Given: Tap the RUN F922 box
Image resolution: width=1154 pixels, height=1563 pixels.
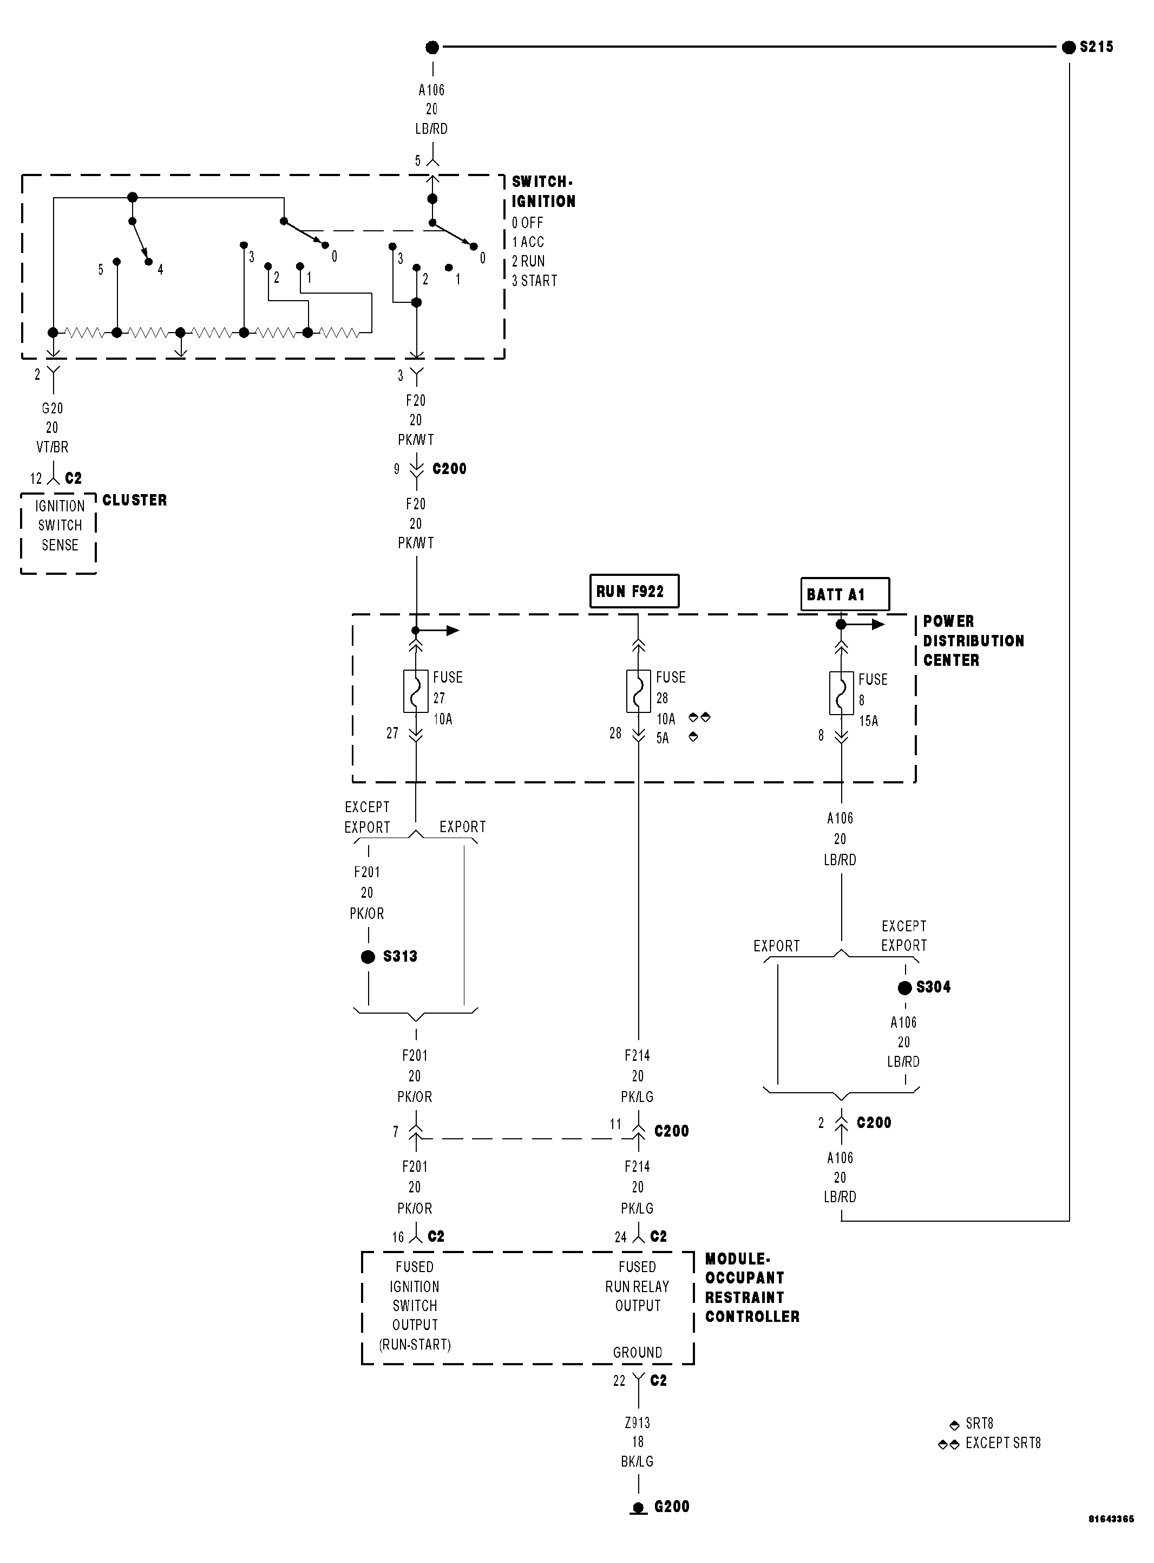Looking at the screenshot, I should pos(634,592).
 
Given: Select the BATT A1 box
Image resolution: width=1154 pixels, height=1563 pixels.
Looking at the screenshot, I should pos(844,594).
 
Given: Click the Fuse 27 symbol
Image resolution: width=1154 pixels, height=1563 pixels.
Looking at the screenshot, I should pos(416,691).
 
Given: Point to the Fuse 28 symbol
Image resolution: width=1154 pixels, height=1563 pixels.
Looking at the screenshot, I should pos(638,691).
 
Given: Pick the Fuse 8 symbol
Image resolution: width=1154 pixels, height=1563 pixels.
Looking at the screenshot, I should pos(841,693).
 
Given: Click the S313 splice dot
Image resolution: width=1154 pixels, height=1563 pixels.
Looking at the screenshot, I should pos(368,957).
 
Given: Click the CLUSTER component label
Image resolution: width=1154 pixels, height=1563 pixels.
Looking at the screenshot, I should pos(135,500).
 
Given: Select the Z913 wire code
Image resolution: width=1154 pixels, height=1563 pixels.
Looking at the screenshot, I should pos(637,1423).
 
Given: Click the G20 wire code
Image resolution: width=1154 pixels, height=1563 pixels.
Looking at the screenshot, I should pos(53,408).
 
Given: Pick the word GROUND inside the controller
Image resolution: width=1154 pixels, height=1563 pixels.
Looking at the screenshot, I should pos(637,1353).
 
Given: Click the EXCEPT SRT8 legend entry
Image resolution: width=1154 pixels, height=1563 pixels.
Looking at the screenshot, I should pos(1002,1443).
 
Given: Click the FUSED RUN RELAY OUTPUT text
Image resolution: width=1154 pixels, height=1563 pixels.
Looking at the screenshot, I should pos(637,1286).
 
